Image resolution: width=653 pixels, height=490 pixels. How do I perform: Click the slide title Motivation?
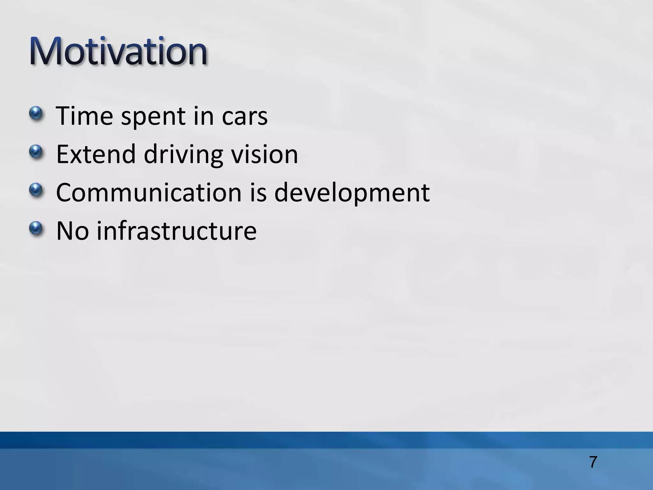pyautogui.click(x=119, y=52)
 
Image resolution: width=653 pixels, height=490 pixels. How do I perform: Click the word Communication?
pyautogui.click(x=149, y=193)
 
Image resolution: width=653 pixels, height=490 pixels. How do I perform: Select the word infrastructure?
pyautogui.click(x=177, y=231)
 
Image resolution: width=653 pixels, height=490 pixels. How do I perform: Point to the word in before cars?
pyautogui.click(x=203, y=116)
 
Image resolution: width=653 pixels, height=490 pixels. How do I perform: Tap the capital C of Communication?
pyautogui.click(x=65, y=193)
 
